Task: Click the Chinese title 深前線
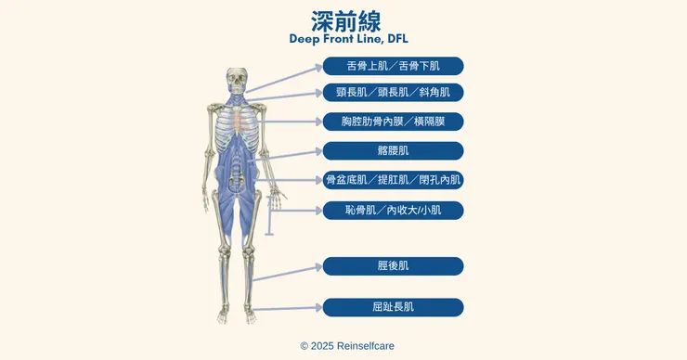[345, 21]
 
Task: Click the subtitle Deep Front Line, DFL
[349, 39]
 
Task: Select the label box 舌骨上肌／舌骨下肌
[393, 66]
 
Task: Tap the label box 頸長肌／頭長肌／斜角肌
[393, 93]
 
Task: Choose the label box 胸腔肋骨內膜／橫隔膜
[393, 122]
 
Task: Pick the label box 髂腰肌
[393, 150]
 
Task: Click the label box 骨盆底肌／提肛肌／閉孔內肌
[393, 180]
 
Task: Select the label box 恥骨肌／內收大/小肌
[393, 211]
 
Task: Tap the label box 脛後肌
[393, 266]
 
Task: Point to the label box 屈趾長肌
[393, 307]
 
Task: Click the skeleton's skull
[237, 80]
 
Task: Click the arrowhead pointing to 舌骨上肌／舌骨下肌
[319, 68]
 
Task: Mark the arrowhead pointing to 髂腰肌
[319, 152]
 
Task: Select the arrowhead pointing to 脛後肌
[319, 266]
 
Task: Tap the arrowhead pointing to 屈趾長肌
[319, 307]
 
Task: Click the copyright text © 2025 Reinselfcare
[347, 346]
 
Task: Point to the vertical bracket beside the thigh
[269, 215]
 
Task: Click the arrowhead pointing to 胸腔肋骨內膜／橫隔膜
[319, 122]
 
